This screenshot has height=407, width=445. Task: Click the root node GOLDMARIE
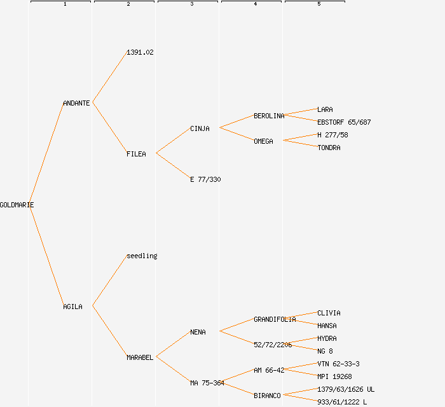[17, 205]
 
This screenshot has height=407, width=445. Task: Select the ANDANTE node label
[76, 103]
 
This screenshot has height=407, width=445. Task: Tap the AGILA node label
[72, 307]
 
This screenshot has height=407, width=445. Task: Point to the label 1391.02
[140, 52]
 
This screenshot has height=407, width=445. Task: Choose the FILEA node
[136, 154]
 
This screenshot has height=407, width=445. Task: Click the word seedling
[142, 256]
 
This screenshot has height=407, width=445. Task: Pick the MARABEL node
[140, 357]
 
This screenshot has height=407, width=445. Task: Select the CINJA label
[200, 128]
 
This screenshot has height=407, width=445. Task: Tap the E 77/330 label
[205, 179]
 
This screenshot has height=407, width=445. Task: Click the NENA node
[198, 332]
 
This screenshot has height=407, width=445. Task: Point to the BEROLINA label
[269, 116]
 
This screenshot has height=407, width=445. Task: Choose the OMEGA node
[263, 141]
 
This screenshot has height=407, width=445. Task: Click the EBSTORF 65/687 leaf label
[344, 122]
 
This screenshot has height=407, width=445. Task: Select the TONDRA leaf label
[329, 148]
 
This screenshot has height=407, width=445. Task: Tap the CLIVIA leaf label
[329, 313]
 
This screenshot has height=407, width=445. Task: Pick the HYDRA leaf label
[327, 338]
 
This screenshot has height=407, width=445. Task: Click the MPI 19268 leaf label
[334, 376]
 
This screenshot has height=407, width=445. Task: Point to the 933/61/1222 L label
[342, 402]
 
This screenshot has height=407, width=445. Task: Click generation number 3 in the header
[191, 4]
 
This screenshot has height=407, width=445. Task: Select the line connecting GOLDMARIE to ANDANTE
[46, 153]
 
